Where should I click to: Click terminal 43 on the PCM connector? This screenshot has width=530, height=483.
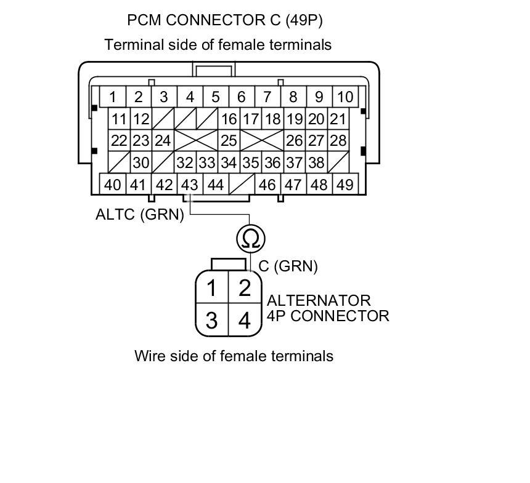[190, 185]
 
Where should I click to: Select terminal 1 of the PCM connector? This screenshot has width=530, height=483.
[113, 97]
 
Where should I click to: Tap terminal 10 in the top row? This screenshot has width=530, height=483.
[345, 97]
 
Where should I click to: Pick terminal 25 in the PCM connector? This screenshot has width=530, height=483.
[229, 140]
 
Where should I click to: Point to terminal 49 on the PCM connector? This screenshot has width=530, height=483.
[345, 185]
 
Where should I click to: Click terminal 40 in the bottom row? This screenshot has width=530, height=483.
[112, 185]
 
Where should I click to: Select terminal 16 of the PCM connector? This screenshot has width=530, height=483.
[229, 119]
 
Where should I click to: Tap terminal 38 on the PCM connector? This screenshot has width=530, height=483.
[316, 163]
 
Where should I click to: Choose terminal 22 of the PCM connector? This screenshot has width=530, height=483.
[120, 140]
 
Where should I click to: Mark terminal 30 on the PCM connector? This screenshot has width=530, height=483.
[141, 163]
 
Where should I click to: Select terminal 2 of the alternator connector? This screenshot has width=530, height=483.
[245, 287]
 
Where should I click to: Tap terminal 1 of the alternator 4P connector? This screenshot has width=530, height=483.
[211, 287]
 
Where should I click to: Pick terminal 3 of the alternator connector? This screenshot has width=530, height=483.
[211, 320]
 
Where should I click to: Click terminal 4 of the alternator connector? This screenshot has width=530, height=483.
[245, 320]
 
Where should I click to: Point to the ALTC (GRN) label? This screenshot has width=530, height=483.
[140, 215]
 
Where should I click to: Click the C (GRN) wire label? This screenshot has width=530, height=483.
[288, 266]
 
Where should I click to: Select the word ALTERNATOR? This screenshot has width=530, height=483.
[319, 301]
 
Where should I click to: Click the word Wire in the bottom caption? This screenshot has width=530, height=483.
[151, 356]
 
